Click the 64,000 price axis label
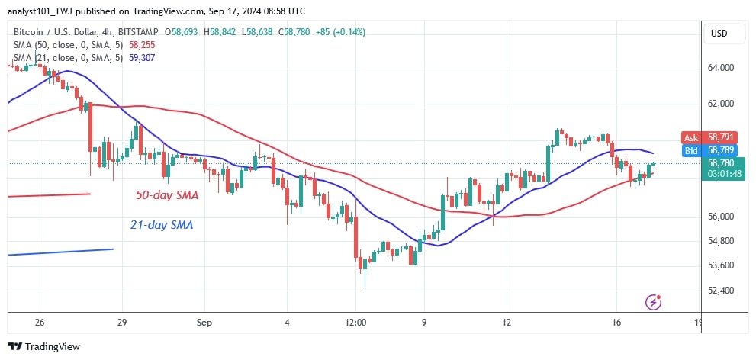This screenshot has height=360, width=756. coord(722,68)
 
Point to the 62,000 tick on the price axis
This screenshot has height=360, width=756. coord(722,104)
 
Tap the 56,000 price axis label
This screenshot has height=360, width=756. coord(722,217)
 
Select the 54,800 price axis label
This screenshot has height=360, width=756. coord(722,241)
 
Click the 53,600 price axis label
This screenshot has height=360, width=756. coord(722,265)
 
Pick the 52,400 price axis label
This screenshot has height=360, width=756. coord(722,291)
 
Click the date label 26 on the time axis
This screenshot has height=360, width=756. coord(40,323)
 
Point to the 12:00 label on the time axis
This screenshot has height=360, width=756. coord(356,323)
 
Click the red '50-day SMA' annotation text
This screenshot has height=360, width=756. coord(168,195)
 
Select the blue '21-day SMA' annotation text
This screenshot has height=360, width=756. coord(162,225)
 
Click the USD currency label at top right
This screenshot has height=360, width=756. coord(719,34)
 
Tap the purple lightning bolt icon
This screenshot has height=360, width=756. coord(652,302)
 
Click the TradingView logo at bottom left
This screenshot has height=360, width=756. coord(44,346)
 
